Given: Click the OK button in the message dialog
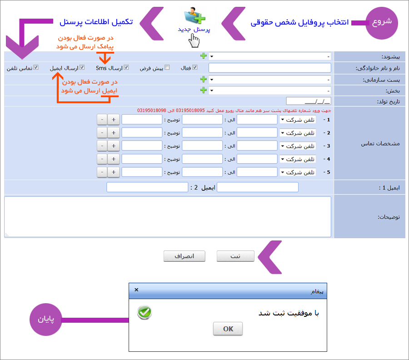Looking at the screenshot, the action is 228,329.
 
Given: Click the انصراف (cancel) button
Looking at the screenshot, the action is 185,256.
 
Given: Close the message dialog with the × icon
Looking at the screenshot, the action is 136,290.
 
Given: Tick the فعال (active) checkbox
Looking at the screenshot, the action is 195,67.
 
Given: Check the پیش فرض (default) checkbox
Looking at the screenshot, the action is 167,67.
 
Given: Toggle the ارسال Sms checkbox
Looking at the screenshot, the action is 126,67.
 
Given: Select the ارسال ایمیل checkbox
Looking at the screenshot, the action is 82,67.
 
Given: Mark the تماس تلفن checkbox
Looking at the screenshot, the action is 36,67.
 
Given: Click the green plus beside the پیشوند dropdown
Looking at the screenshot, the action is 204,56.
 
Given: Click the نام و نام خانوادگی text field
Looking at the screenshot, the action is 269,68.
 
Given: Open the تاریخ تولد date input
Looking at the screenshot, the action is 309,101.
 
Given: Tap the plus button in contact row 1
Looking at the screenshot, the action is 114,120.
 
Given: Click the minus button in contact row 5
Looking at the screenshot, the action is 102,172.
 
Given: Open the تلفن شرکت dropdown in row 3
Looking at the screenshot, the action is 298,146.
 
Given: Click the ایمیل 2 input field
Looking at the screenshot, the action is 147,187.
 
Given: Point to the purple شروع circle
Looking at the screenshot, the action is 382,23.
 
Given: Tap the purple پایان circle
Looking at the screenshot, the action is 46,319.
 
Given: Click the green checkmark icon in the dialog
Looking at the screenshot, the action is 145,312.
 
